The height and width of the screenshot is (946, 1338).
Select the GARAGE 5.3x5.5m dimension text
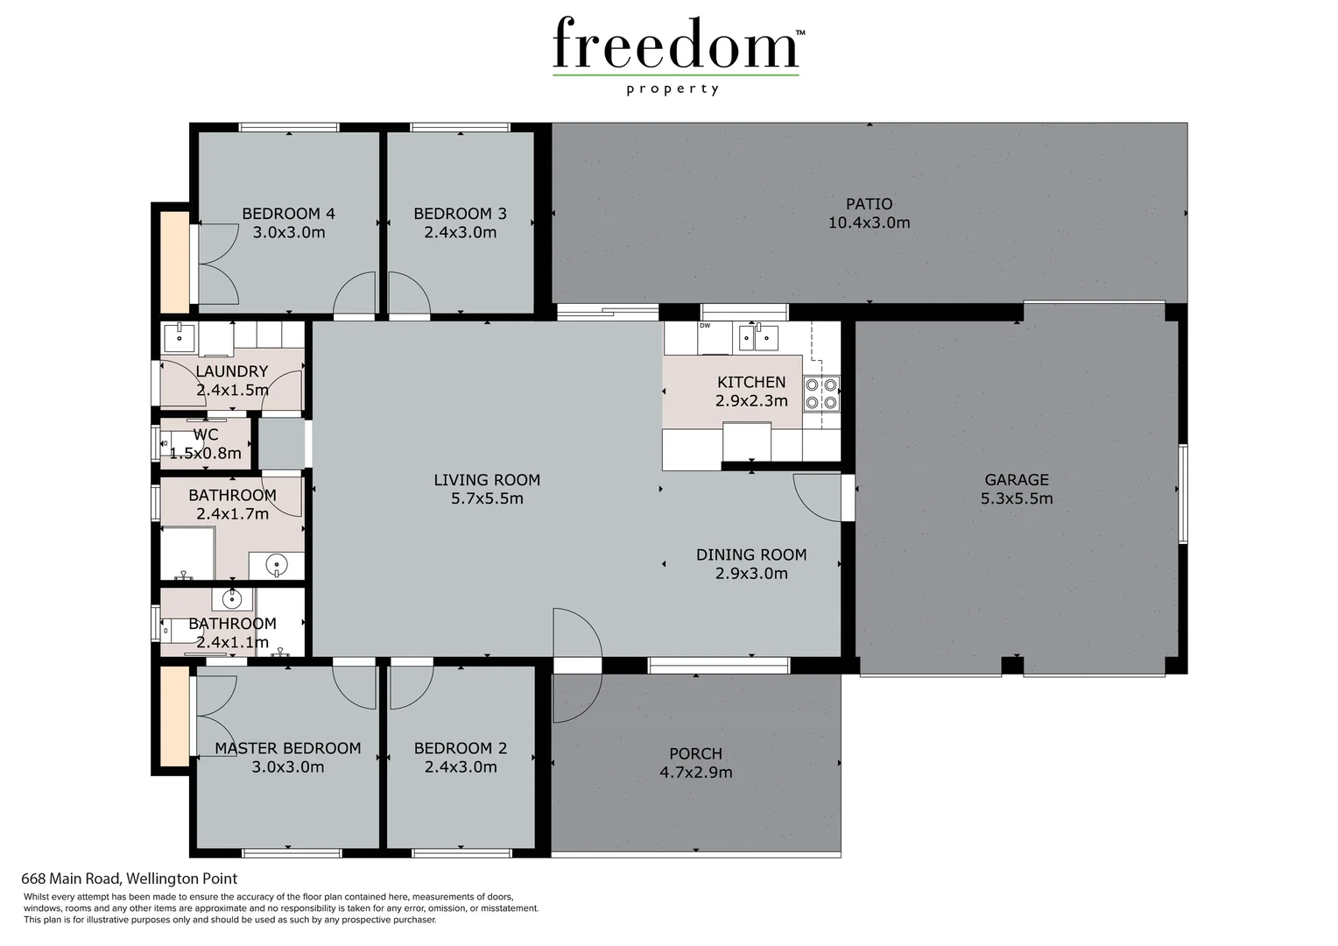coord(1017,499)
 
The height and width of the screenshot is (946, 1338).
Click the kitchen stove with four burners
coord(821,393)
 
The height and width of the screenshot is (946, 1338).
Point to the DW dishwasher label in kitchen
coord(705,326)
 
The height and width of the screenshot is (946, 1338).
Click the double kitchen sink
coord(757,336)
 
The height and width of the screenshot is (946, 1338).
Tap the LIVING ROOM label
coord(487,480)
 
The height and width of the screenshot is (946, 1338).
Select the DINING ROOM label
coord(751,554)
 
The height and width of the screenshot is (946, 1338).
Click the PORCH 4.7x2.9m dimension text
coord(695,773)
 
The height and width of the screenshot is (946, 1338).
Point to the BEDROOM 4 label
coord(288,214)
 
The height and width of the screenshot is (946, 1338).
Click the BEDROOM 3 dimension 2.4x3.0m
coord(460,233)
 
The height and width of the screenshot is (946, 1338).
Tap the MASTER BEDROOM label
coord(288,748)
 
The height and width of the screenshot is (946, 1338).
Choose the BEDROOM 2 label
coord(460,748)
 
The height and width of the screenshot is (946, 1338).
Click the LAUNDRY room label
coord(231,371)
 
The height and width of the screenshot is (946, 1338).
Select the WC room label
coord(206,434)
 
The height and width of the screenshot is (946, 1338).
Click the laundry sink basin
coord(180,335)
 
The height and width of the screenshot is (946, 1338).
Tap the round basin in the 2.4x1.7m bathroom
coord(277,565)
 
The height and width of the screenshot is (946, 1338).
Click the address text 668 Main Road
coord(130,879)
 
